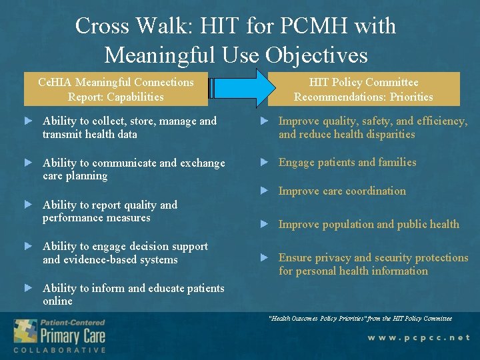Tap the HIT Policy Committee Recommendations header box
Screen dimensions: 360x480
363,89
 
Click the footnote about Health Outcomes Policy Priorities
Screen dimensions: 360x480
360,318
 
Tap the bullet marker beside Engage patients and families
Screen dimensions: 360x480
264,162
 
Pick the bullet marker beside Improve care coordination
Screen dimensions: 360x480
264,191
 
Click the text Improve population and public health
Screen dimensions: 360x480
369,224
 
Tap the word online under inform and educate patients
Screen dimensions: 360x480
57,301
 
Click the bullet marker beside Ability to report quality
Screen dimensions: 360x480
28,204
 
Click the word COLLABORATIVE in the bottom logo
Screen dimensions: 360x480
59,350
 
